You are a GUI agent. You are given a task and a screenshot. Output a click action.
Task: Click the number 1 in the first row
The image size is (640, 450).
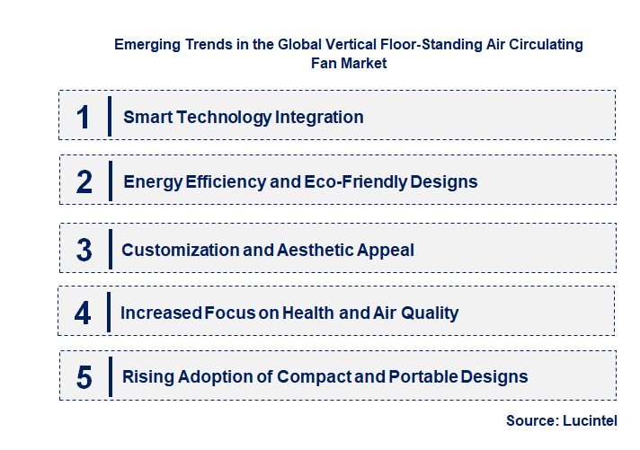pyautogui.click(x=84, y=117)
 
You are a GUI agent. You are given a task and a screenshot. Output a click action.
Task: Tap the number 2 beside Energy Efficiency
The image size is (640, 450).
pyautogui.click(x=84, y=182)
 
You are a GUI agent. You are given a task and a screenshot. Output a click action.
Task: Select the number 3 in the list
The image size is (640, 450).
pyautogui.click(x=84, y=250)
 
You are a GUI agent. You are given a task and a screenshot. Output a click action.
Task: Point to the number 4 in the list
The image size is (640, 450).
pyautogui.click(x=84, y=313)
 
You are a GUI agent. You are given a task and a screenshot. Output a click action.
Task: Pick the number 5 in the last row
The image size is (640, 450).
pyautogui.click(x=84, y=377)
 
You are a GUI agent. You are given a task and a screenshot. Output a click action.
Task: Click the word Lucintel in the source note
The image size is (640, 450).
pyautogui.click(x=591, y=419)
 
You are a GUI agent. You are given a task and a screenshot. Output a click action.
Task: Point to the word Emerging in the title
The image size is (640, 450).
pyautogui.click(x=147, y=44)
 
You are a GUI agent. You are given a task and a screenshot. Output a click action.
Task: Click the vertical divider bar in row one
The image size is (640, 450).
pyautogui.click(x=109, y=117)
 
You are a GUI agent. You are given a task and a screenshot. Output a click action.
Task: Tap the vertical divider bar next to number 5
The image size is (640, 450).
pyautogui.click(x=109, y=376)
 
